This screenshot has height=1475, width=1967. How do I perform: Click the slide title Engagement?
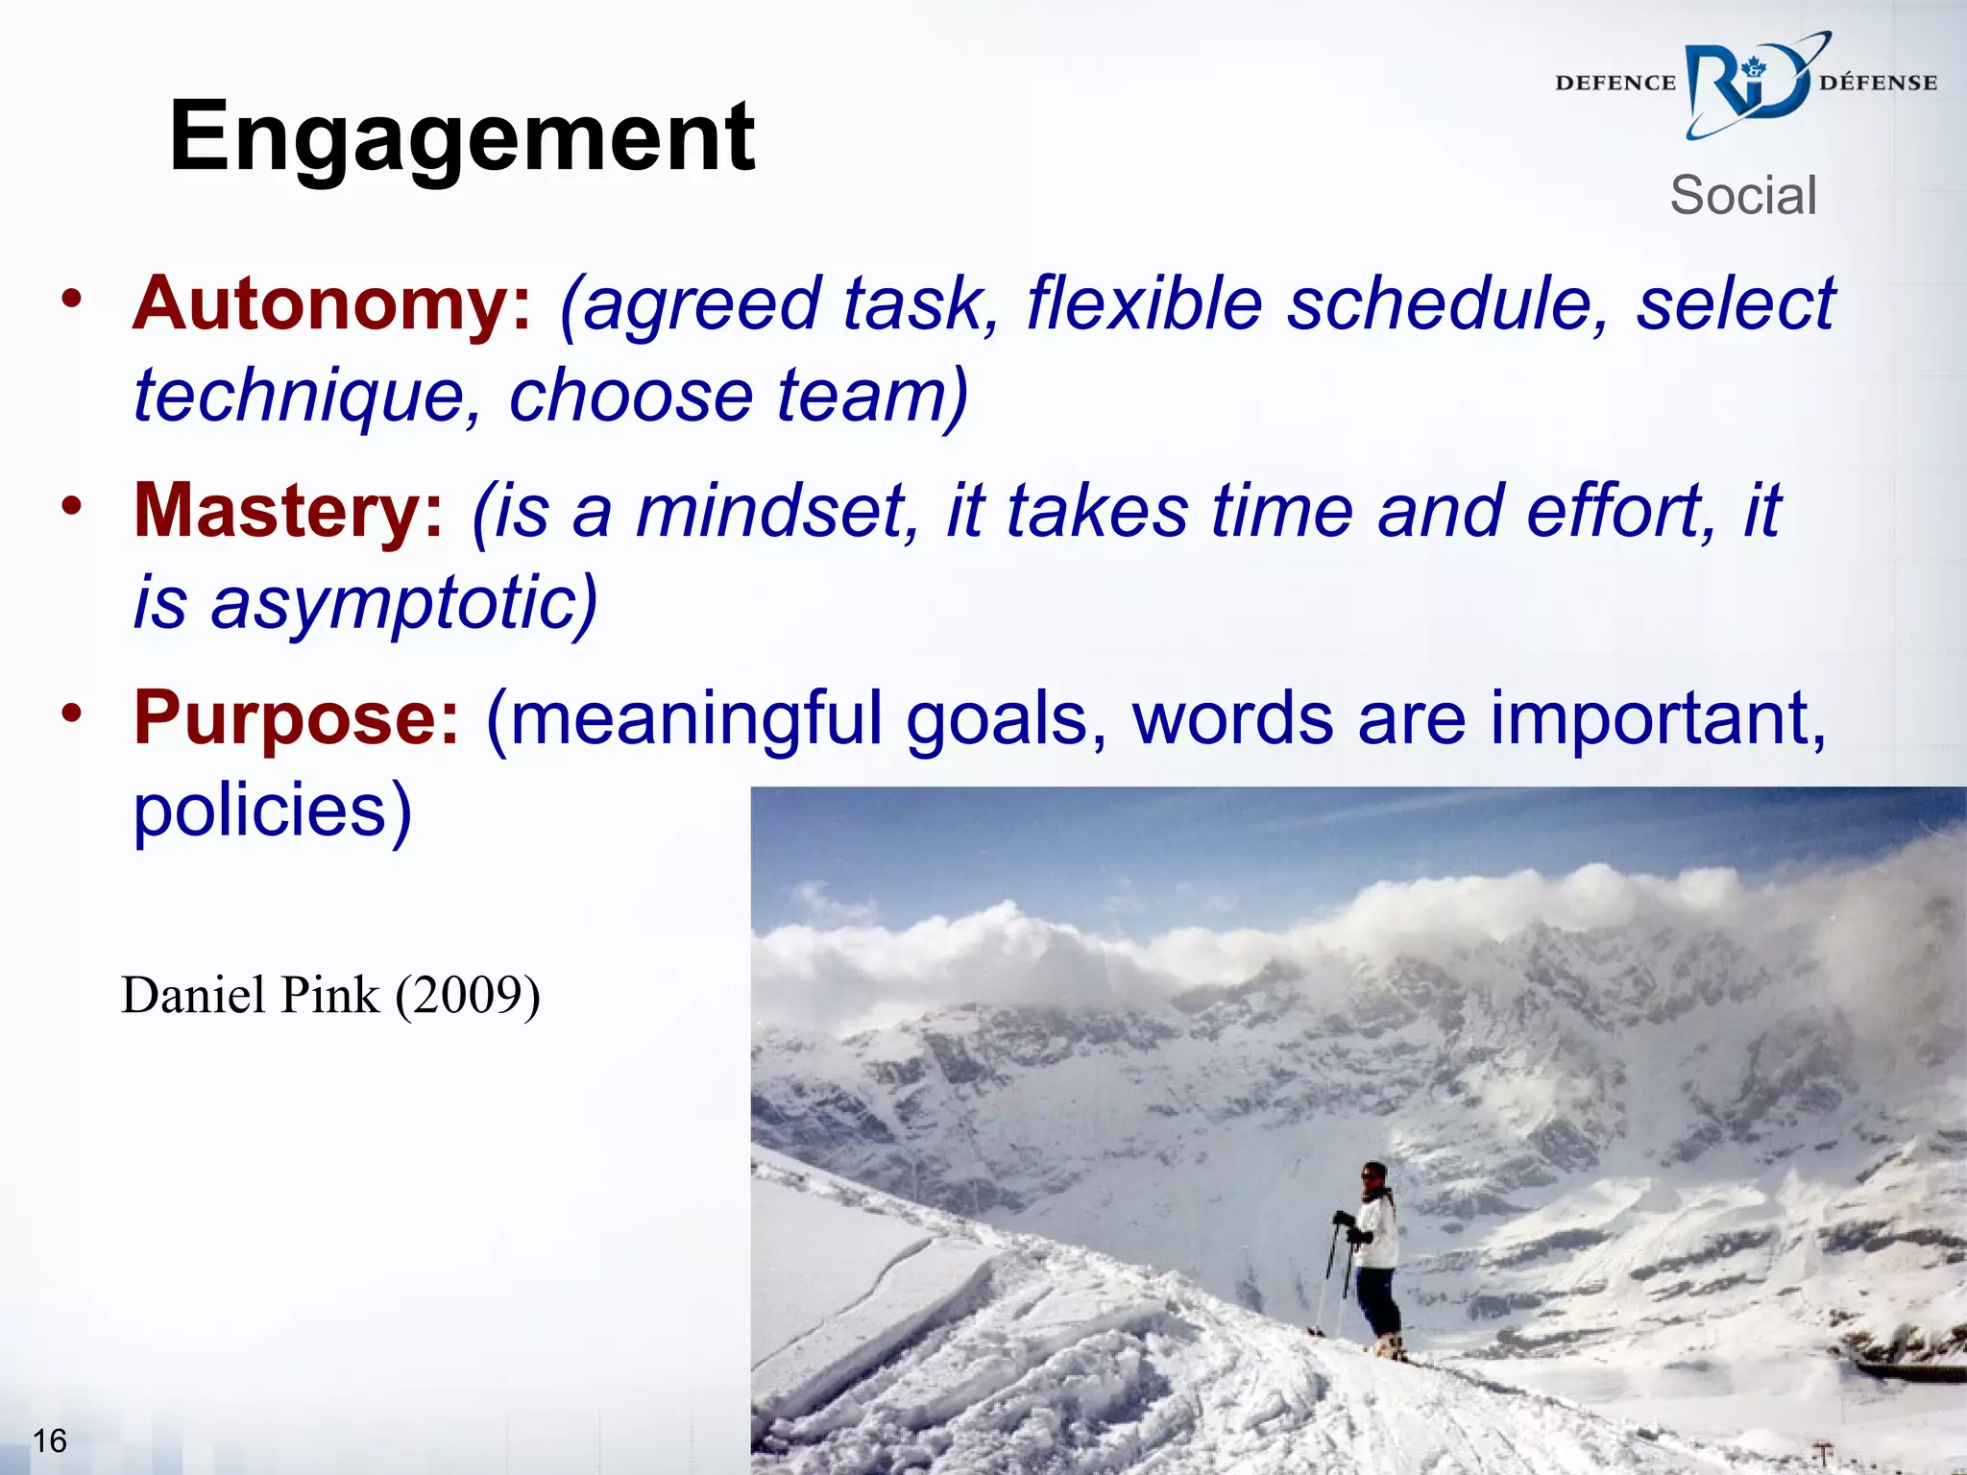pyautogui.click(x=461, y=137)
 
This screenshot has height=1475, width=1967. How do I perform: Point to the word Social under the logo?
pyautogui.click(x=1743, y=196)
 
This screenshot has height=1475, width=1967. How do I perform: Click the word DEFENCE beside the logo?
pyautogui.click(x=1615, y=84)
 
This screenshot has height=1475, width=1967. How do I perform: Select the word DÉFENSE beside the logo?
pyautogui.click(x=1878, y=84)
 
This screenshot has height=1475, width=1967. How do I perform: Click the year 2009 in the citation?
pyautogui.click(x=468, y=995)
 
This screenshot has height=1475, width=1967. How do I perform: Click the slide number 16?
pyautogui.click(x=50, y=1440)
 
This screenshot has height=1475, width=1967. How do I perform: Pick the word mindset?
pyautogui.click(x=768, y=511)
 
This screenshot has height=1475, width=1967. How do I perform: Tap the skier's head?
pyautogui.click(x=1374, y=1175)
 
